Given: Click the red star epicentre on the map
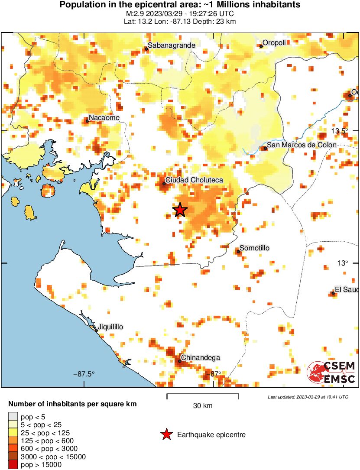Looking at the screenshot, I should (x=180, y=210).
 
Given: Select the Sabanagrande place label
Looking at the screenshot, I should (x=172, y=45).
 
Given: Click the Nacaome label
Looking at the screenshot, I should (x=104, y=117).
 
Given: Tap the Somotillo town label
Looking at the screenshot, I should (x=255, y=248).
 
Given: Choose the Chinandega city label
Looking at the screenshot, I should (x=200, y=358).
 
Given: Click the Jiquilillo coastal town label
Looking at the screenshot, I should (x=111, y=327).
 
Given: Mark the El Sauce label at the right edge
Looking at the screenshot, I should (x=347, y=290).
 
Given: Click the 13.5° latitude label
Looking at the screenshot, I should (x=340, y=131).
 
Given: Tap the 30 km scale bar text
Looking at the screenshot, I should (x=203, y=406).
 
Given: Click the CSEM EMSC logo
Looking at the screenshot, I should (x=332, y=372).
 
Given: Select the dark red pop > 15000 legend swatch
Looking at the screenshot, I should (x=13, y=465).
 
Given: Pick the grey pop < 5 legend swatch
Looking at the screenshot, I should (x=13, y=417).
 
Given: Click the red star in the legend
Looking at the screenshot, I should (x=166, y=434).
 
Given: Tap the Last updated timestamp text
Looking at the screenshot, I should (x=308, y=397).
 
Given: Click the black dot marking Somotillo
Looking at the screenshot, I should (x=238, y=251).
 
